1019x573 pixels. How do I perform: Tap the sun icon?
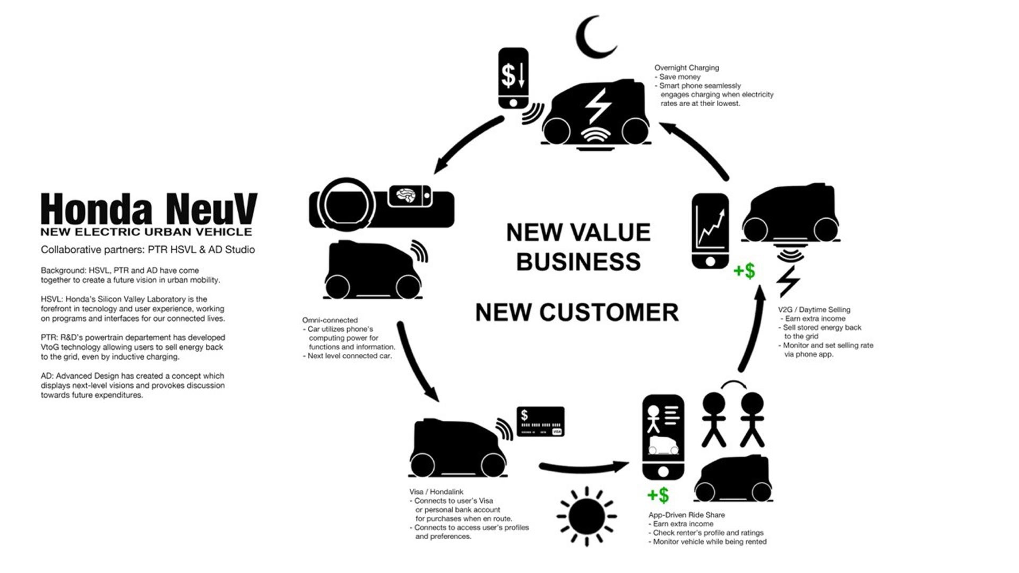(586, 516)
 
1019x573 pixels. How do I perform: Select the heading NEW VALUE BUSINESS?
(578, 247)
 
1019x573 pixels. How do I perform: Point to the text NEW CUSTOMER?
(577, 312)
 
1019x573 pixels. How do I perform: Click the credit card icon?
(540, 422)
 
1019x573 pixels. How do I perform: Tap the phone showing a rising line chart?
(710, 231)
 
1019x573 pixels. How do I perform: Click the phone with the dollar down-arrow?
(513, 79)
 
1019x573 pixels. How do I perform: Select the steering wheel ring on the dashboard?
(341, 204)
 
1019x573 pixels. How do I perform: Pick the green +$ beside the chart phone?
(744, 271)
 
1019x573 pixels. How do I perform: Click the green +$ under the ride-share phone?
(658, 496)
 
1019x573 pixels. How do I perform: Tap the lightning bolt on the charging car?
(598, 106)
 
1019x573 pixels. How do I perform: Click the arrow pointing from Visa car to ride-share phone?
(584, 467)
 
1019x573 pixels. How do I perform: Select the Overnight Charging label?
(686, 68)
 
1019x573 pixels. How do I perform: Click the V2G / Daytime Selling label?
(814, 310)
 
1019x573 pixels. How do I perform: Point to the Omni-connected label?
(330, 320)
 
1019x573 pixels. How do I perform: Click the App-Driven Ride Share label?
(686, 515)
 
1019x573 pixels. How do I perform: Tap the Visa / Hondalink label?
(436, 492)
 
